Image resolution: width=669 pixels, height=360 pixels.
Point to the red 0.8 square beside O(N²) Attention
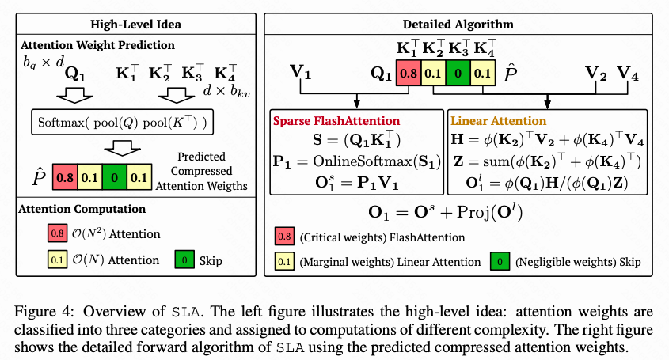[55, 233]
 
